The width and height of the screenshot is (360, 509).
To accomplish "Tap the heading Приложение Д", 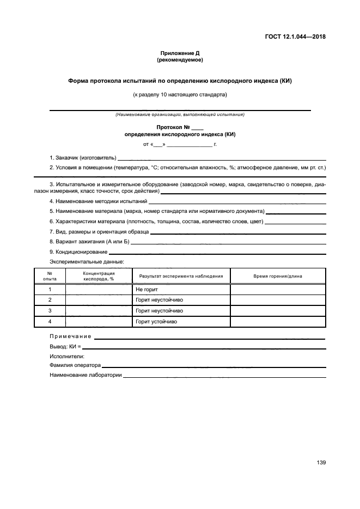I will tap(180, 53).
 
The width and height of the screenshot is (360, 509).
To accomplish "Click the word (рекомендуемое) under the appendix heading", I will tap(180, 59).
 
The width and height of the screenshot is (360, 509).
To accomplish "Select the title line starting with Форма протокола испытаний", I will tap(180, 81).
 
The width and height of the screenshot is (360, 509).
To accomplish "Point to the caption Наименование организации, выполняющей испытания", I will tap(180, 114).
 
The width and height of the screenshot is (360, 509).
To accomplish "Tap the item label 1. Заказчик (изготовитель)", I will tap(83, 157).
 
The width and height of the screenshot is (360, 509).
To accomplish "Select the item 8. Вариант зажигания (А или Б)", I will tap(89, 241).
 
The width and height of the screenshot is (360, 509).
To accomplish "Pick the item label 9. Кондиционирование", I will tap(78, 252).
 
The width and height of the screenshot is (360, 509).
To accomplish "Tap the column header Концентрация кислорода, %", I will tap(99, 276).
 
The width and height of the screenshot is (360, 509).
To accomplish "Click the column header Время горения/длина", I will tap(278, 276).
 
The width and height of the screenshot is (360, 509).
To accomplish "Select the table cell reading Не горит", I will tap(147, 290).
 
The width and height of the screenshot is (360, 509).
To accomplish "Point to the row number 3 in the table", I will tap(50, 311).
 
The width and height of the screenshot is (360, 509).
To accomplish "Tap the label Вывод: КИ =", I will tap(65, 346).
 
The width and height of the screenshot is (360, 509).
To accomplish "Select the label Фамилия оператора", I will tap(75, 365).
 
